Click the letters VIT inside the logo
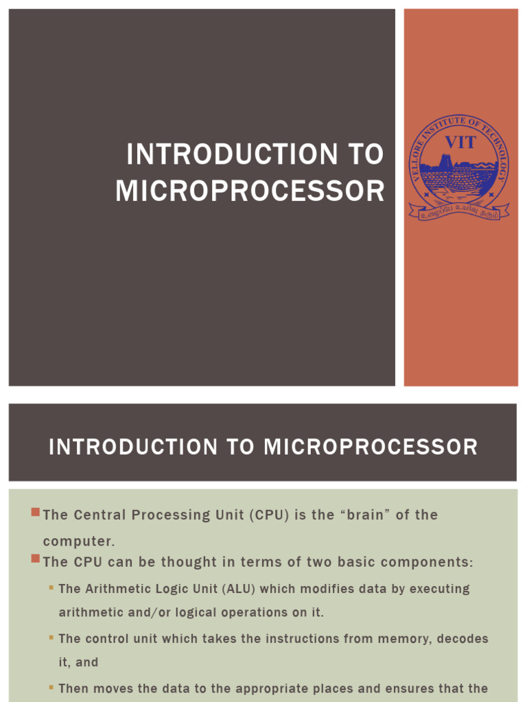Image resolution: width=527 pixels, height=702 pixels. [460, 143]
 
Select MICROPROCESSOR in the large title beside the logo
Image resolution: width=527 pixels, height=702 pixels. [250, 191]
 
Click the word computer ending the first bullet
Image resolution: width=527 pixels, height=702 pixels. [78, 542]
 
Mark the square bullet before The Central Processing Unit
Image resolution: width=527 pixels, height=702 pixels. [36, 513]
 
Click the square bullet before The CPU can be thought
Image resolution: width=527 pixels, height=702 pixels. [36, 560]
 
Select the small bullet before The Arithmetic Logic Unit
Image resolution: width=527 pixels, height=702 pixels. [51, 588]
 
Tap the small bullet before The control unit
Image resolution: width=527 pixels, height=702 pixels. [51, 638]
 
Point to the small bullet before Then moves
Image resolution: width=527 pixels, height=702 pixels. [51, 687]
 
